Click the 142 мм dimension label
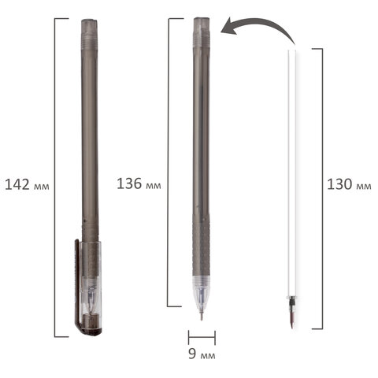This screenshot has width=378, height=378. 27,184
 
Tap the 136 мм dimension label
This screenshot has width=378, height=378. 139,183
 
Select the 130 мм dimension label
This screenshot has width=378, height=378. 349,184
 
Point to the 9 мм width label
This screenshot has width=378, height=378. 202,354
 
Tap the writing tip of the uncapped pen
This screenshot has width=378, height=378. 202,316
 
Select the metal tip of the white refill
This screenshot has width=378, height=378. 292,320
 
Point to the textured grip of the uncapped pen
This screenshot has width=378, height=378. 201,245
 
